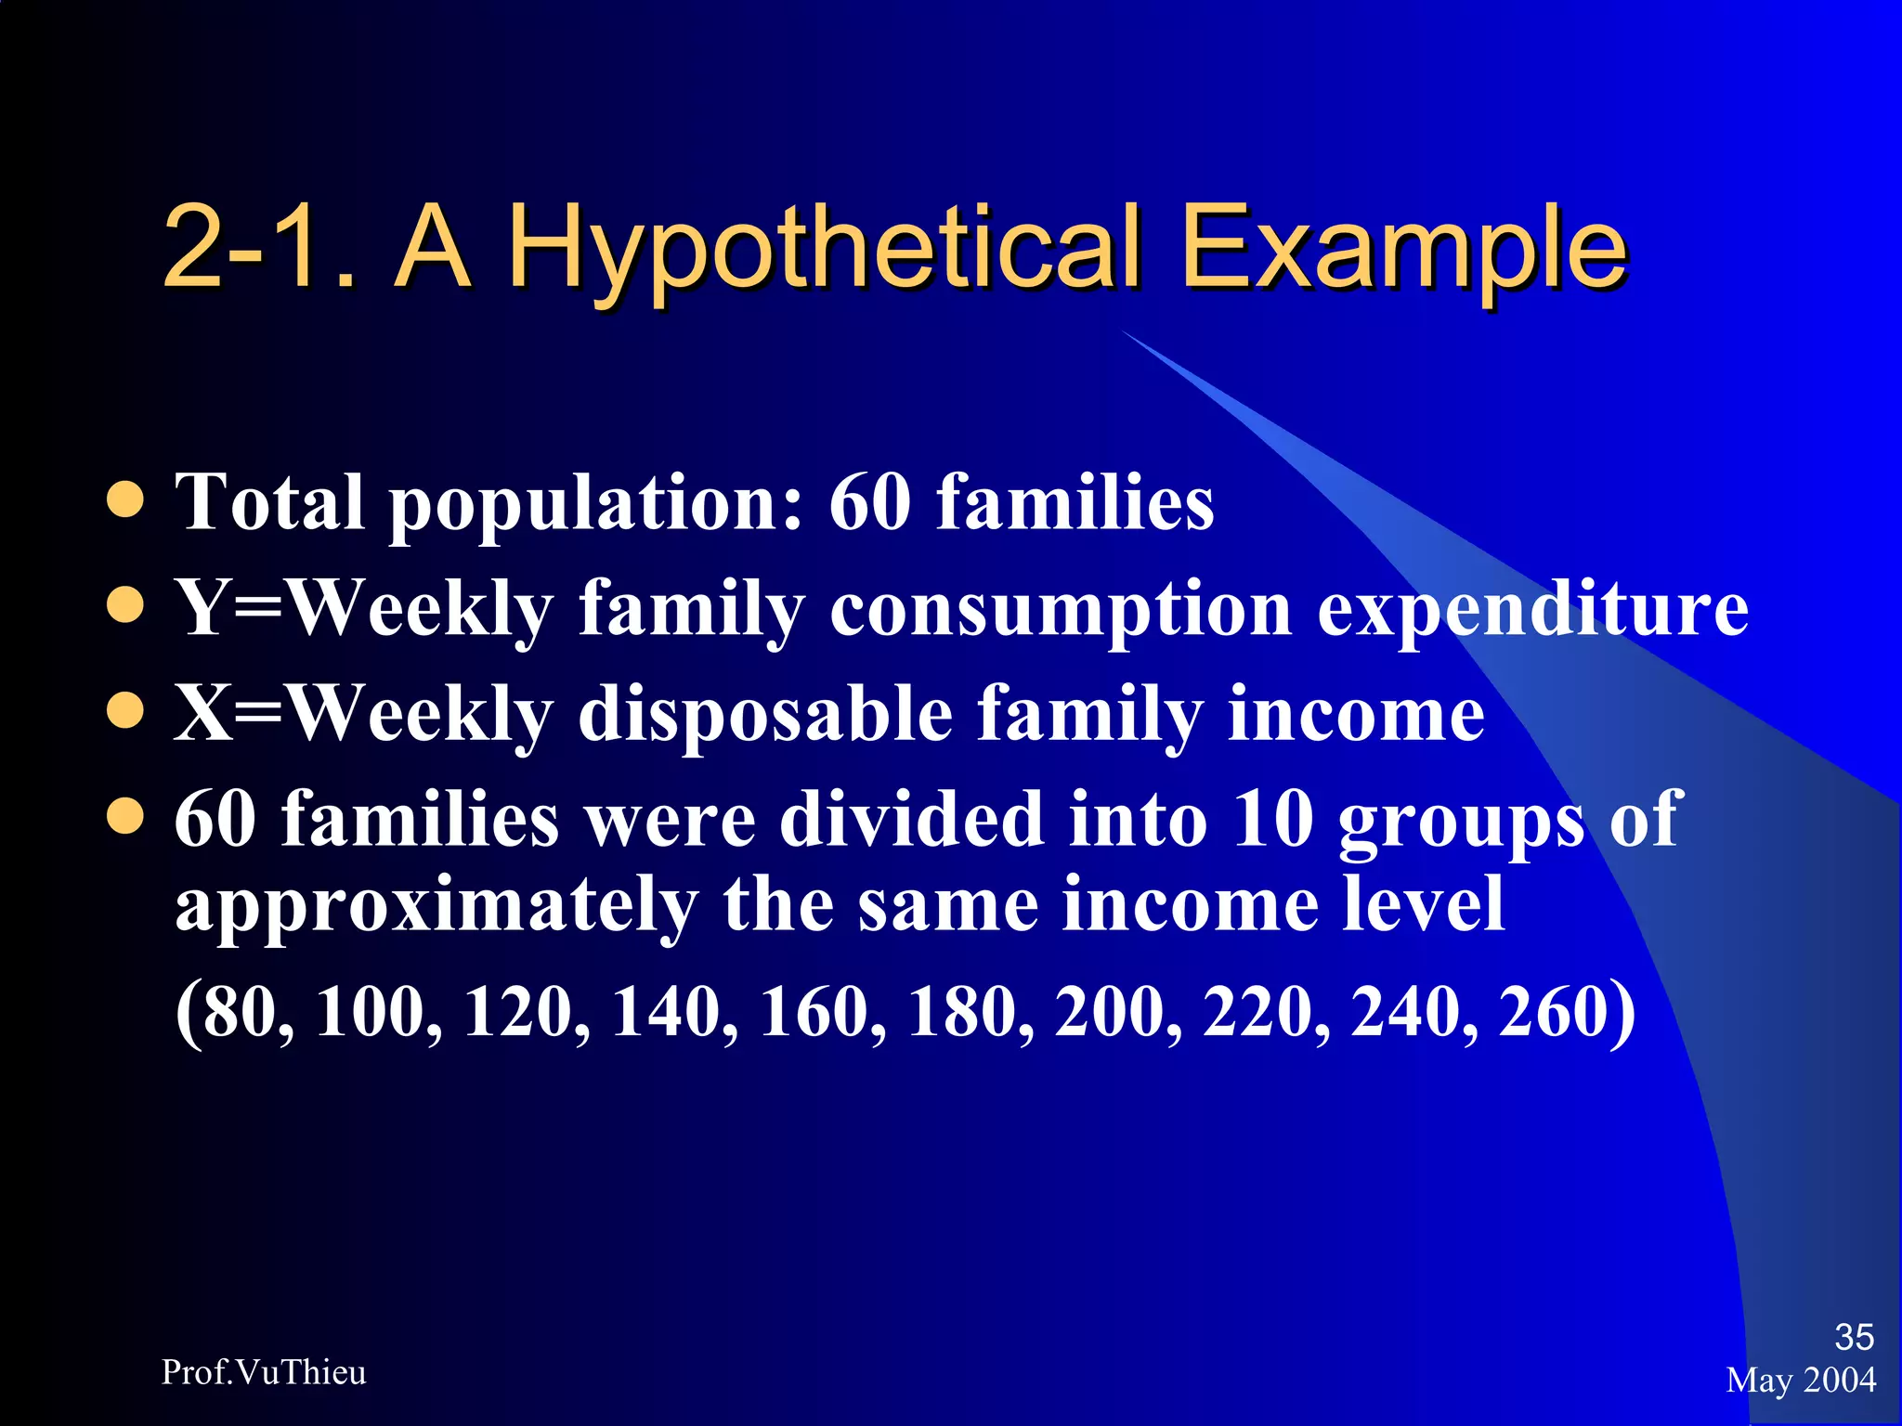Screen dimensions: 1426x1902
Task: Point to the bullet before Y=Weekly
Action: pos(125,607)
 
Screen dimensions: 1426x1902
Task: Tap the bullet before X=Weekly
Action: pos(125,713)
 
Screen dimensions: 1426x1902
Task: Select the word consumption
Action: pos(1061,610)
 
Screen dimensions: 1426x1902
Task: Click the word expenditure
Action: pos(1532,610)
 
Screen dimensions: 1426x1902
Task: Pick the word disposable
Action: pos(765,715)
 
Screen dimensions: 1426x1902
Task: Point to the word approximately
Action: pos(436,906)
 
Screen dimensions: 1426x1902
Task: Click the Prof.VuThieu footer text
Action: pos(264,1372)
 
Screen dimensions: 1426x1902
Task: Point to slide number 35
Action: pos(1854,1337)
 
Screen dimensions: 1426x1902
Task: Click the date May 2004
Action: pos(1801,1381)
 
